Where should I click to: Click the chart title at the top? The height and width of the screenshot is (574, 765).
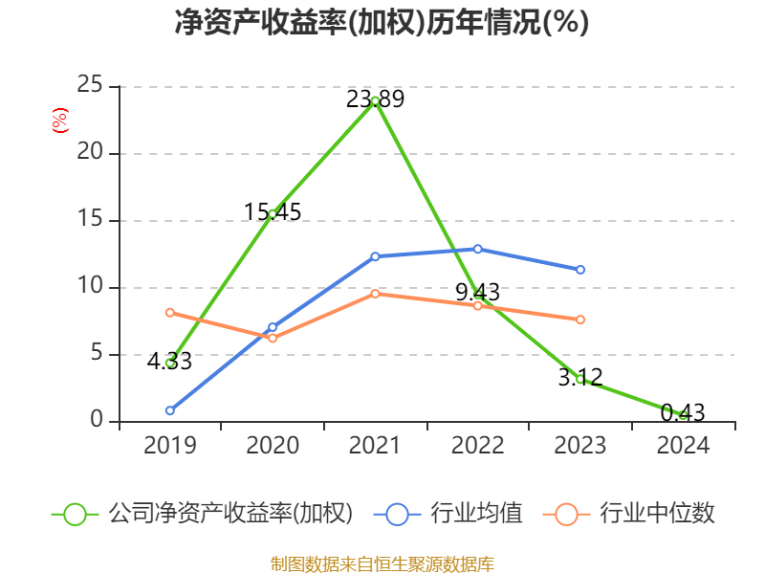tap(382, 23)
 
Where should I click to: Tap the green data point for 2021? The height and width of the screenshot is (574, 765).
tap(375, 100)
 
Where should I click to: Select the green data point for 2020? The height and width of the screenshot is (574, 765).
tap(273, 213)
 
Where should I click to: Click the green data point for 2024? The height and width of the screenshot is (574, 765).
tap(683, 414)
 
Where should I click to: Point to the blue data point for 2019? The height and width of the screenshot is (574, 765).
tap(170, 410)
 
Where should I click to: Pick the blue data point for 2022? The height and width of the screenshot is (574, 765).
tap(478, 249)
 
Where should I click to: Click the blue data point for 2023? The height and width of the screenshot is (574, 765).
tap(580, 270)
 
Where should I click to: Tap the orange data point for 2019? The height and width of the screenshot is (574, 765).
tap(170, 312)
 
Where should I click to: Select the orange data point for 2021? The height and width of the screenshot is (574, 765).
tap(375, 294)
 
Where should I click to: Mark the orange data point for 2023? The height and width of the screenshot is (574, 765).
tap(580, 320)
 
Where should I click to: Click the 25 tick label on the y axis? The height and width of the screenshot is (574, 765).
tap(90, 86)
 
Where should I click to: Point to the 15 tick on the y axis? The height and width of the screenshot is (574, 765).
tap(90, 220)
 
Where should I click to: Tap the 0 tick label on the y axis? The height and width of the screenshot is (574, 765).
tap(97, 421)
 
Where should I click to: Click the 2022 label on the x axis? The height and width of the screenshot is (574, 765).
tap(478, 446)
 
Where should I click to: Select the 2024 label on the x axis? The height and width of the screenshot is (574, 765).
tap(683, 446)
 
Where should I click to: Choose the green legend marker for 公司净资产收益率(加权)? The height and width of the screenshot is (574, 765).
tap(76, 514)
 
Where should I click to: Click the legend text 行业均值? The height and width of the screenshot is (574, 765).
tap(477, 514)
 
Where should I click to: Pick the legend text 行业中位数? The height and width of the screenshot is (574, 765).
tap(657, 514)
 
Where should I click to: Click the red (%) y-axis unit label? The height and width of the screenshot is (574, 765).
tap(60, 121)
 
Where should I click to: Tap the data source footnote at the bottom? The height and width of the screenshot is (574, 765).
tap(382, 563)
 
